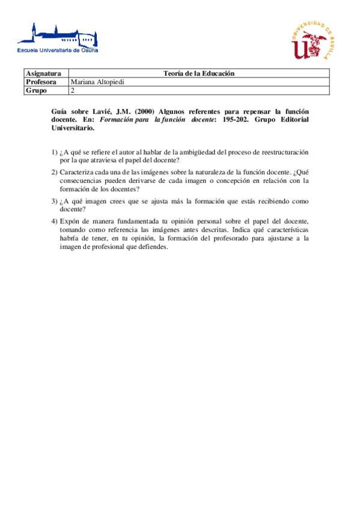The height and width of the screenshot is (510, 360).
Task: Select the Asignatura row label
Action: point(43,73)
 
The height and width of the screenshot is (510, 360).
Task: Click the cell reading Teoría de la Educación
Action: point(198,73)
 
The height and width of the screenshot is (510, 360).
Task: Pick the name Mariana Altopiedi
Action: point(97,82)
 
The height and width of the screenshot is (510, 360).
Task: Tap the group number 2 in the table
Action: point(73,91)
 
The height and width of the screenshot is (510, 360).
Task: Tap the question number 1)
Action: point(54,152)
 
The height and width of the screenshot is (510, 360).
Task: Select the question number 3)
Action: point(54,201)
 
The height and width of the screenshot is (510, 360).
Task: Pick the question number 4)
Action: point(54,221)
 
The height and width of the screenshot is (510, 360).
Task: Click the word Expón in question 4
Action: point(70,221)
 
